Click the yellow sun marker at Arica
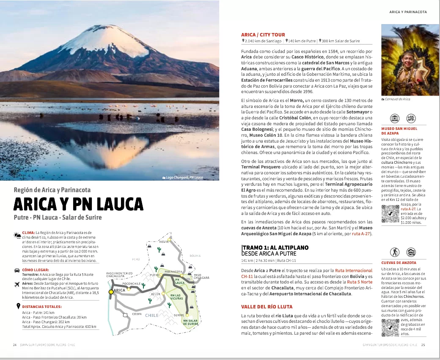pyautogui.click(x=111, y=291)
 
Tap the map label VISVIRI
pyautogui.click(x=164, y=242)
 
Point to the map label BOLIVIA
pyautogui.click(x=195, y=256)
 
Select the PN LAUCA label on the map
pyautogui.click(x=180, y=281)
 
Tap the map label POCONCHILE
pyautogui.click(x=131, y=284)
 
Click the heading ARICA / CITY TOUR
pyautogui.click(x=263, y=35)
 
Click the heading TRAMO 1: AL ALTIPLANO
pyautogui.click(x=275, y=247)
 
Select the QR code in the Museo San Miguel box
pyautogui.click(x=390, y=214)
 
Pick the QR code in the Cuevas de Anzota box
pyautogui.click(x=390, y=327)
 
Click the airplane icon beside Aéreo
pyautogui.click(x=17, y=284)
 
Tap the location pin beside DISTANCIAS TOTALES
pyautogui.click(x=18, y=306)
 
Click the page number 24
pyautogui.click(x=15, y=345)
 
